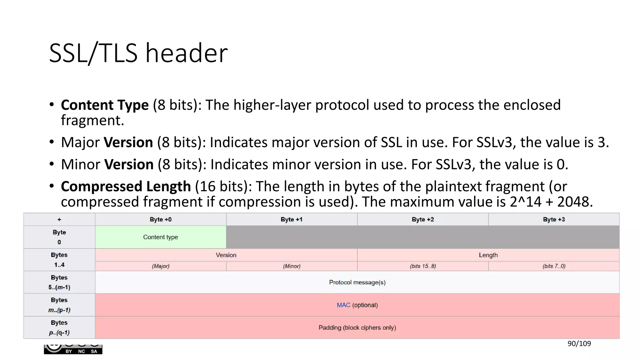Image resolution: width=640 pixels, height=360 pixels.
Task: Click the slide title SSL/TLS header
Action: click(138, 53)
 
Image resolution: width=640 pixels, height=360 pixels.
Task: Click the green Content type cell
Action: click(161, 237)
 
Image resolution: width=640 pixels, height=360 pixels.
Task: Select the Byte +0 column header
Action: click(161, 219)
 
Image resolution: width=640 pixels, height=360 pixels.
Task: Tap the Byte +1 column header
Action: click(292, 219)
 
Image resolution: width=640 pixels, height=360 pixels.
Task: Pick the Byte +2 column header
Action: click(423, 219)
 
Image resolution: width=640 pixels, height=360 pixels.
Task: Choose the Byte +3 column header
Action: click(554, 219)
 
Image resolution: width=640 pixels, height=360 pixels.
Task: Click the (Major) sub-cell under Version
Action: click(161, 266)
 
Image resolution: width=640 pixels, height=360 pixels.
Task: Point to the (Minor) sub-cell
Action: click(292, 266)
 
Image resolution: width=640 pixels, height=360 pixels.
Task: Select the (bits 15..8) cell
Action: click(423, 266)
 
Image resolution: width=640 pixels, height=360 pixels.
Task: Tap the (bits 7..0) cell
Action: click(554, 266)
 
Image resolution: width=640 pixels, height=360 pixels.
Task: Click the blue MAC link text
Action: click(343, 305)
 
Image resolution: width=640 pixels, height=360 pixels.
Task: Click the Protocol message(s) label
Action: click(357, 282)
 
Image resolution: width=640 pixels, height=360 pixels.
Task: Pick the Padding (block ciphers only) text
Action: click(357, 327)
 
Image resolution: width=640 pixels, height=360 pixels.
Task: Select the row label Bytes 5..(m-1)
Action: click(59, 282)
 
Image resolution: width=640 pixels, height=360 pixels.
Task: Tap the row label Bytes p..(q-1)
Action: click(59, 327)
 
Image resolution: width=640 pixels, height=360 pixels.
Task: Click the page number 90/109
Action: click(579, 344)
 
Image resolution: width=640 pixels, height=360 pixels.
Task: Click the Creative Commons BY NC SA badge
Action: click(73, 349)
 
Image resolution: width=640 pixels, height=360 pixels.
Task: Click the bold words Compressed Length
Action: click(126, 187)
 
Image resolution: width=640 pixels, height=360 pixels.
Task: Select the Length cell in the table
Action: click(488, 255)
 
